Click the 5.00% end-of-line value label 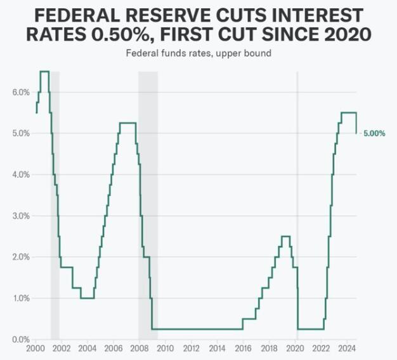(x=374, y=133)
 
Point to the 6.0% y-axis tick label (x=21, y=92)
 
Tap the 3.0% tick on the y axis (x=21, y=216)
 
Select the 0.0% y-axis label (x=21, y=339)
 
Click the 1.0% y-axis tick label (x=21, y=298)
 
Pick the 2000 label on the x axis (x=35, y=349)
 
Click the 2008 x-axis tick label (x=139, y=349)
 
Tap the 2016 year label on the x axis (x=243, y=349)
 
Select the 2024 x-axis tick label (x=347, y=349)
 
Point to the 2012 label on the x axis (x=191, y=349)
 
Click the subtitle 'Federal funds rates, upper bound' (x=198, y=53)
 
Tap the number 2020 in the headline (x=348, y=34)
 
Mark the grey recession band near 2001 (x=55, y=203)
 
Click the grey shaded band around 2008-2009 (x=148, y=203)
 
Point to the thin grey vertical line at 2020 (x=297, y=190)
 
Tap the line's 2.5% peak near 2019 (x=285, y=236)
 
